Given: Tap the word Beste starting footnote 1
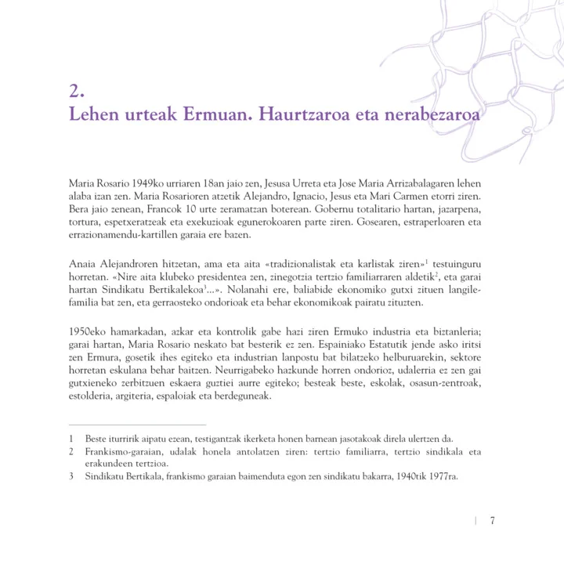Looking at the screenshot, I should coord(98,439).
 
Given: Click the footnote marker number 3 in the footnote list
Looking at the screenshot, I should coord(71,476).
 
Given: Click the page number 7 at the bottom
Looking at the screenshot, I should coord(493,522).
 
